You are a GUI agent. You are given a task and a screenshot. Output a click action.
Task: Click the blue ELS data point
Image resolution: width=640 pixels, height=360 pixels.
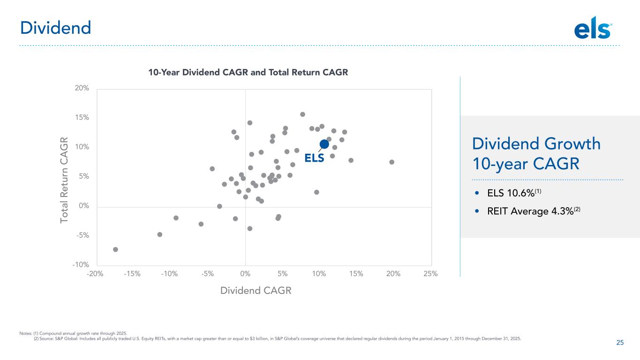[324, 144]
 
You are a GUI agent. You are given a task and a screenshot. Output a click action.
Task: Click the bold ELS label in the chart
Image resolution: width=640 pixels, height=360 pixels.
[314, 158]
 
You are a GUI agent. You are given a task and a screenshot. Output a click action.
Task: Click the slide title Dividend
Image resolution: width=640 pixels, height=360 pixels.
[55, 28]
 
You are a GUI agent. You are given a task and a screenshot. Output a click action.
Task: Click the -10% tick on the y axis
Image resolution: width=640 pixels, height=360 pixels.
[80, 265]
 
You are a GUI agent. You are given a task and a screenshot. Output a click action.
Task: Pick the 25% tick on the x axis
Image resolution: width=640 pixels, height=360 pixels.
[430, 274]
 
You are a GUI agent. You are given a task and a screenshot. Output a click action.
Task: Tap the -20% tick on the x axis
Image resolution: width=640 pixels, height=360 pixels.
[95, 274]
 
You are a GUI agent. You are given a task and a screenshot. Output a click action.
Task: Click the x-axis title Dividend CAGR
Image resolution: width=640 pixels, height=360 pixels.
[256, 291]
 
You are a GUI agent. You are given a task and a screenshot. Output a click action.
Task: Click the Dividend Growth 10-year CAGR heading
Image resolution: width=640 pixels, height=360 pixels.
[536, 154]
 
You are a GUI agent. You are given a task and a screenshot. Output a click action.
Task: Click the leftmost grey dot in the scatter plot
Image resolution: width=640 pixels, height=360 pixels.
[115, 249]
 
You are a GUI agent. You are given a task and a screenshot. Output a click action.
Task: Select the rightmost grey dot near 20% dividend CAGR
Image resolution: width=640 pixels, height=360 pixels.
[392, 162]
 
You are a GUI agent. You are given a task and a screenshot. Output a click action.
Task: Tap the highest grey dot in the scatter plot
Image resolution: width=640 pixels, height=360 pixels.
[302, 114]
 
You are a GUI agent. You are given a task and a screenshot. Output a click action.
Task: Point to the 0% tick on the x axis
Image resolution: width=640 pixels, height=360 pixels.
[245, 274]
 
